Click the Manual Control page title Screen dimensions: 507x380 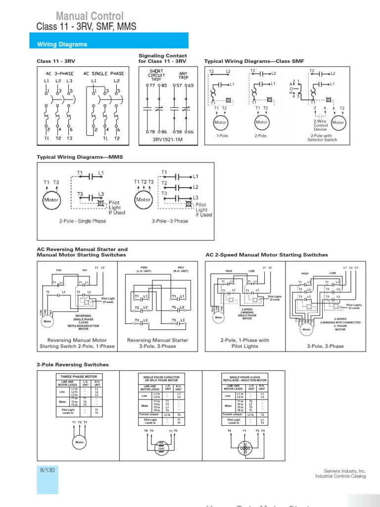(x=90, y=16)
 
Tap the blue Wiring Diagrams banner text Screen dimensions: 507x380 (x=62, y=45)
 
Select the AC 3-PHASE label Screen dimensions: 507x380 (x=55, y=73)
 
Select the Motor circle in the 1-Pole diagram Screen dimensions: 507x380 (x=221, y=122)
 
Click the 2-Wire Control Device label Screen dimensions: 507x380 (x=321, y=125)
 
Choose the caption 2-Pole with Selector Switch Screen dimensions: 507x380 (x=324, y=138)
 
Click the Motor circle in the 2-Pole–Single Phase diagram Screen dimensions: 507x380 (x=51, y=200)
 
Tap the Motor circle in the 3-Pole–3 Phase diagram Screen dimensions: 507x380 (x=143, y=200)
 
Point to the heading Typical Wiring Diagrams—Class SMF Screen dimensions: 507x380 (x=254, y=61)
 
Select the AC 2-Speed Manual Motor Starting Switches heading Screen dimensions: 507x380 (x=266, y=255)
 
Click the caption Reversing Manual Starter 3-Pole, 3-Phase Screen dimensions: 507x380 (x=157, y=343)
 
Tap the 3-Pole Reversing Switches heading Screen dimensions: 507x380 (x=73, y=365)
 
